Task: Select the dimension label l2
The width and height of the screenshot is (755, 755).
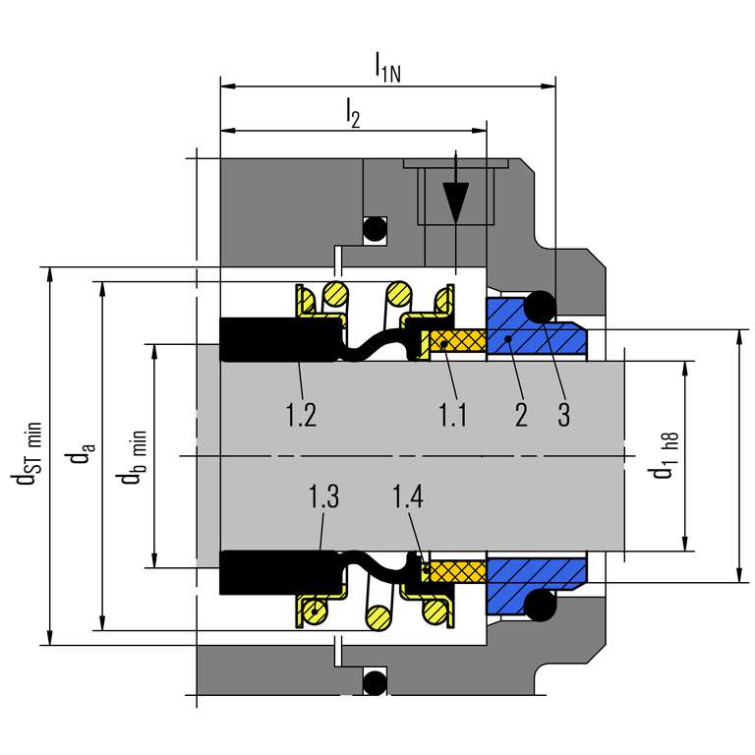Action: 353,114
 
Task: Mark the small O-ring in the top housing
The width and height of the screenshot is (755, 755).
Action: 375,230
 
